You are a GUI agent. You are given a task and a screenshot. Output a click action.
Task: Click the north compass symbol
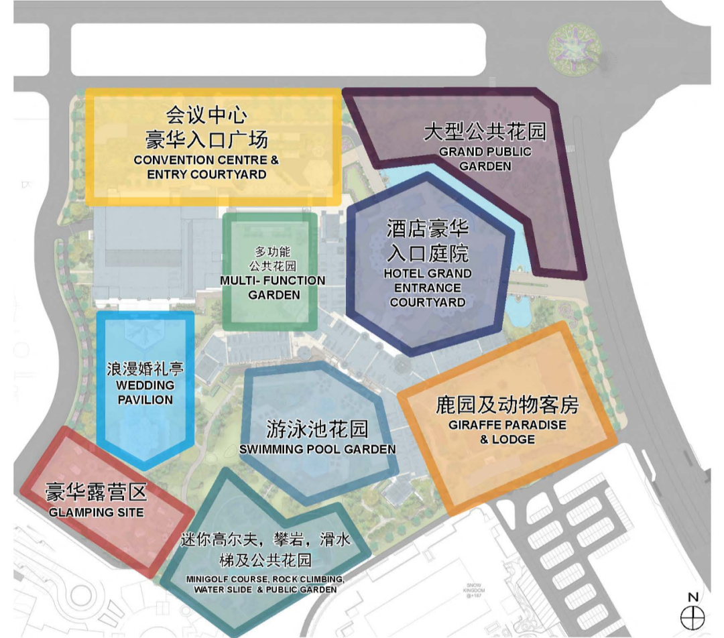pyautogui.click(x=692, y=617)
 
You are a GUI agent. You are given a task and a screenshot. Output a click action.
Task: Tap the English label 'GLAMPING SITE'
pyautogui.click(x=97, y=512)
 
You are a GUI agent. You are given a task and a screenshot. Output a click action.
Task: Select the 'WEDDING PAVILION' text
pyautogui.click(x=145, y=392)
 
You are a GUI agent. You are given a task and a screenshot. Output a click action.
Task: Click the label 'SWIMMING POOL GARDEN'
pyautogui.click(x=317, y=449)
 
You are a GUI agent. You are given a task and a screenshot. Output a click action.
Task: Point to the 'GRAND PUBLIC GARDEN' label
pyautogui.click(x=485, y=159)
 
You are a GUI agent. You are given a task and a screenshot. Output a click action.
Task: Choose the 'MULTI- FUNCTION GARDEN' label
pyautogui.click(x=273, y=288)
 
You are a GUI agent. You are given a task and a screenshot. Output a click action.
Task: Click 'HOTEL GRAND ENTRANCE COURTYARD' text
pyautogui.click(x=428, y=288)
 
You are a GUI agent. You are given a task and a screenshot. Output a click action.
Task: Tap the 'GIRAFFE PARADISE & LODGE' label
pyautogui.click(x=507, y=432)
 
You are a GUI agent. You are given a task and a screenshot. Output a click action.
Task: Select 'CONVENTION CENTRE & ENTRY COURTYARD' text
pyautogui.click(x=206, y=168)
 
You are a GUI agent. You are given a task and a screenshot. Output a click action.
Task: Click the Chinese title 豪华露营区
pyautogui.click(x=96, y=493)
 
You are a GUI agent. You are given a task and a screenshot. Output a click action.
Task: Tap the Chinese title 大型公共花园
pyautogui.click(x=485, y=131)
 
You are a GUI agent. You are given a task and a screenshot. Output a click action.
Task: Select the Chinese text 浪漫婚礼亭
pyautogui.click(x=145, y=369)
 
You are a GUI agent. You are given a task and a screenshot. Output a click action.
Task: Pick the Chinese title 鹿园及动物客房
pyautogui.click(x=507, y=405)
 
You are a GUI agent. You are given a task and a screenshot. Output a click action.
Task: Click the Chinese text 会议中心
pyautogui.click(x=206, y=115)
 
